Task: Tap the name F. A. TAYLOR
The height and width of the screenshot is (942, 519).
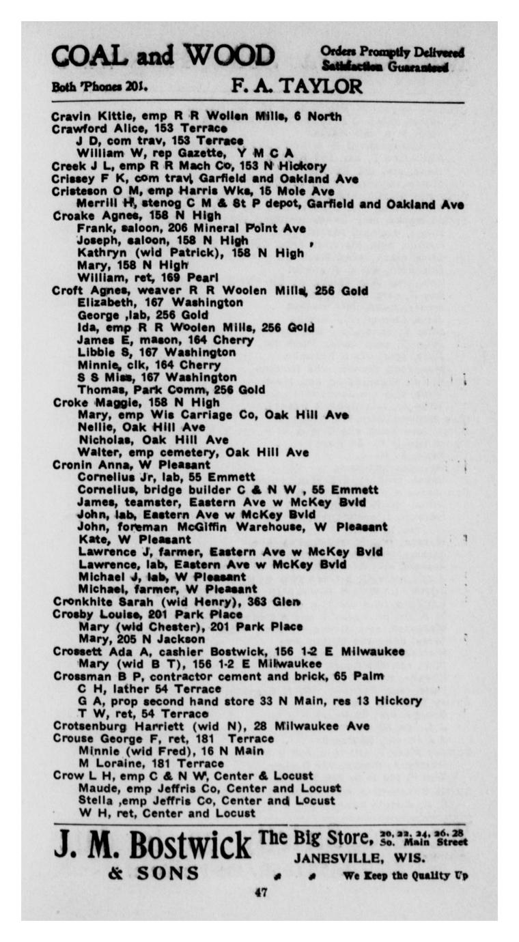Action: coord(297,87)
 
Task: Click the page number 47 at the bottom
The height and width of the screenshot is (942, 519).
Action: coord(260,893)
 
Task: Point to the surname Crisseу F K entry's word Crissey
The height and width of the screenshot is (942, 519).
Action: coord(72,179)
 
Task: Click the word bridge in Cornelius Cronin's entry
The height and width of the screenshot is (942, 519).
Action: coord(156,489)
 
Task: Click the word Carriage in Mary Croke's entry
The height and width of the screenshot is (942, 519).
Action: coord(204,415)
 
